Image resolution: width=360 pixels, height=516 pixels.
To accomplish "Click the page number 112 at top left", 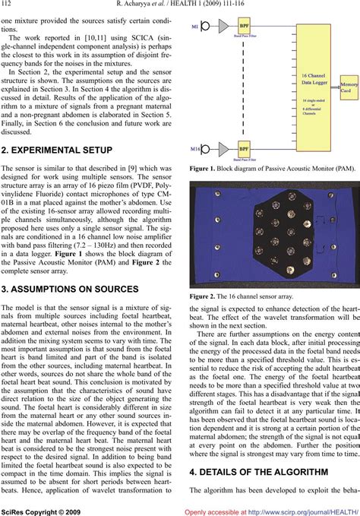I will pyautogui.click(x=11, y=8).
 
